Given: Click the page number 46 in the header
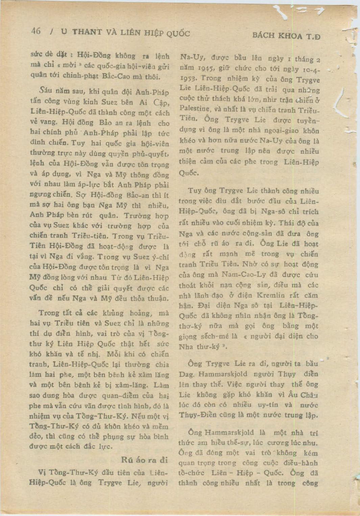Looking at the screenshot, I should (36, 31).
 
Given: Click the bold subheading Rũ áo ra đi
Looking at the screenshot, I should (144, 460).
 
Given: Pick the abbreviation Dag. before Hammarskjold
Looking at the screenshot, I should (187, 374).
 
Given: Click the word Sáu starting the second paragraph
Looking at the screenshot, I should (45, 91).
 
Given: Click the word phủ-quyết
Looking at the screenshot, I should (154, 154).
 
